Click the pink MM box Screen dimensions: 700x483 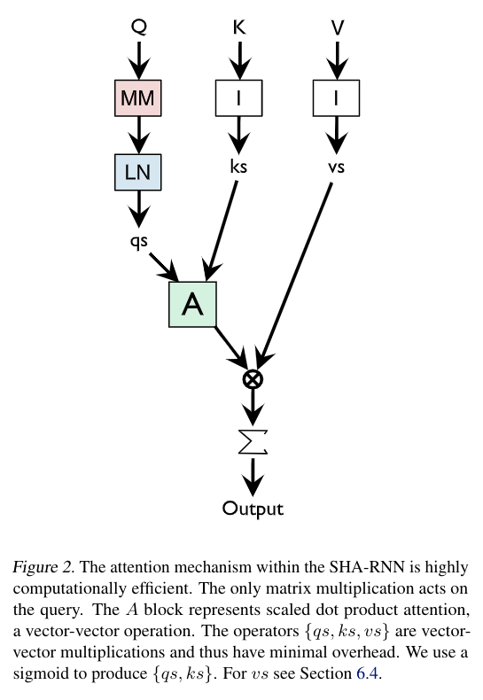pos(137,98)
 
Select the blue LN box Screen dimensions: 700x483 pos(137,172)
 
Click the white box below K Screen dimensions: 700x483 pos(238,98)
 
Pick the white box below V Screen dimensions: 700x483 pos(336,98)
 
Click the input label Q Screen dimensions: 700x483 pos(138,27)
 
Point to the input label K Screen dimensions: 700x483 pos(238,27)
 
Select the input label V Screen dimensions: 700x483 pos(337,27)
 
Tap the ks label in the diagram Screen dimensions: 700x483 pos(238,165)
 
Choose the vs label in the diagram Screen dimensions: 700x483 pos(336,165)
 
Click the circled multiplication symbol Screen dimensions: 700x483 pos(253,378)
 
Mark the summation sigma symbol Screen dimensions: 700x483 pos(253,441)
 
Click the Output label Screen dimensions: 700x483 pos(253,509)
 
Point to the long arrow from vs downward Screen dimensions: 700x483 pos(297,266)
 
